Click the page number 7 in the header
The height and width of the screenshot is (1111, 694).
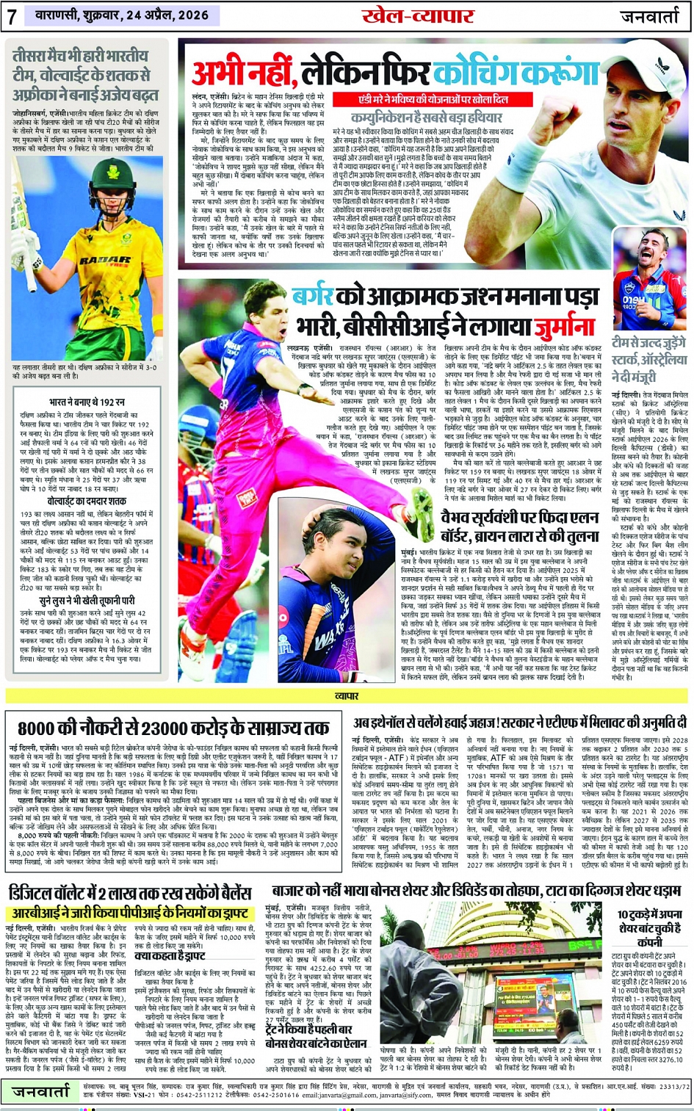coord(12,17)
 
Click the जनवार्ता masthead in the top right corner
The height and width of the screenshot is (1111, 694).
coord(651,16)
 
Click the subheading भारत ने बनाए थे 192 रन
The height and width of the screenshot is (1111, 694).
coord(87,402)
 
